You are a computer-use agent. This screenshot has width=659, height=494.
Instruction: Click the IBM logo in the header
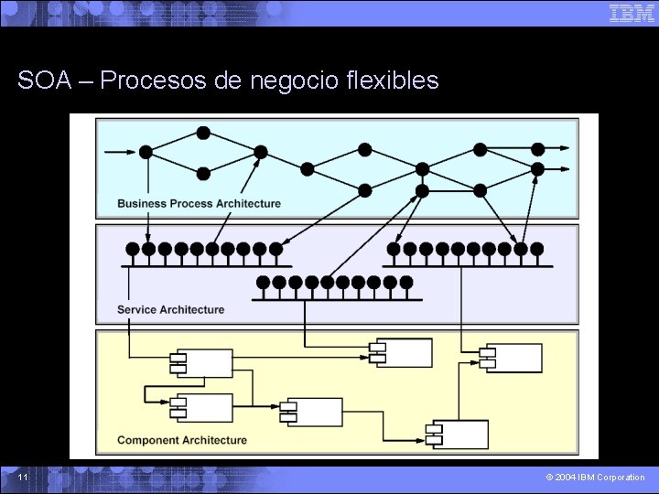click(632, 13)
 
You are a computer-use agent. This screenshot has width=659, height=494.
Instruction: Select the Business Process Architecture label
click(199, 203)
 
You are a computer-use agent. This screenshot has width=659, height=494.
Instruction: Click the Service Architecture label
click(170, 309)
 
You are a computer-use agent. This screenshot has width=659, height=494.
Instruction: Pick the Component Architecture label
click(182, 440)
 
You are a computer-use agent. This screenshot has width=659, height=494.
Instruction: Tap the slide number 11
click(23, 478)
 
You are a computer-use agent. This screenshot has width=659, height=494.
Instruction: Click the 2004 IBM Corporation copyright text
click(595, 478)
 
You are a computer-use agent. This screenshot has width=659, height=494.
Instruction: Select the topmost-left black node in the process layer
click(203, 133)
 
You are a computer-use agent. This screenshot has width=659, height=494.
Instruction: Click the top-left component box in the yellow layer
click(203, 363)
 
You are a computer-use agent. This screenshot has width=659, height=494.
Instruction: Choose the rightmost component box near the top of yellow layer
click(513, 358)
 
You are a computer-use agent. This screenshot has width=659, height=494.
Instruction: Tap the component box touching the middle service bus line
click(401, 352)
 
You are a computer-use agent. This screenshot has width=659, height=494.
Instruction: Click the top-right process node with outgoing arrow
click(538, 149)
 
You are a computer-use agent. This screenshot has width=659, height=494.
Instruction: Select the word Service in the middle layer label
click(138, 309)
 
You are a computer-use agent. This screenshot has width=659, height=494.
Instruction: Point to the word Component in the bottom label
click(149, 440)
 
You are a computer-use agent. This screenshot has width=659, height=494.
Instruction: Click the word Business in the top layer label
click(143, 203)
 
